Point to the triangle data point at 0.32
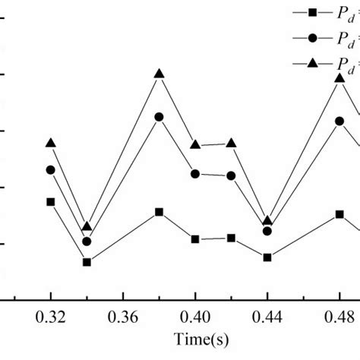[51, 143]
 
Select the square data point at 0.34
[87, 262]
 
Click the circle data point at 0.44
[267, 231]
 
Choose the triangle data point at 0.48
[339, 77]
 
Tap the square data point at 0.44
[267, 257]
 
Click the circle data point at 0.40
[195, 174]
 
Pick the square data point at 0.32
[51, 202]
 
